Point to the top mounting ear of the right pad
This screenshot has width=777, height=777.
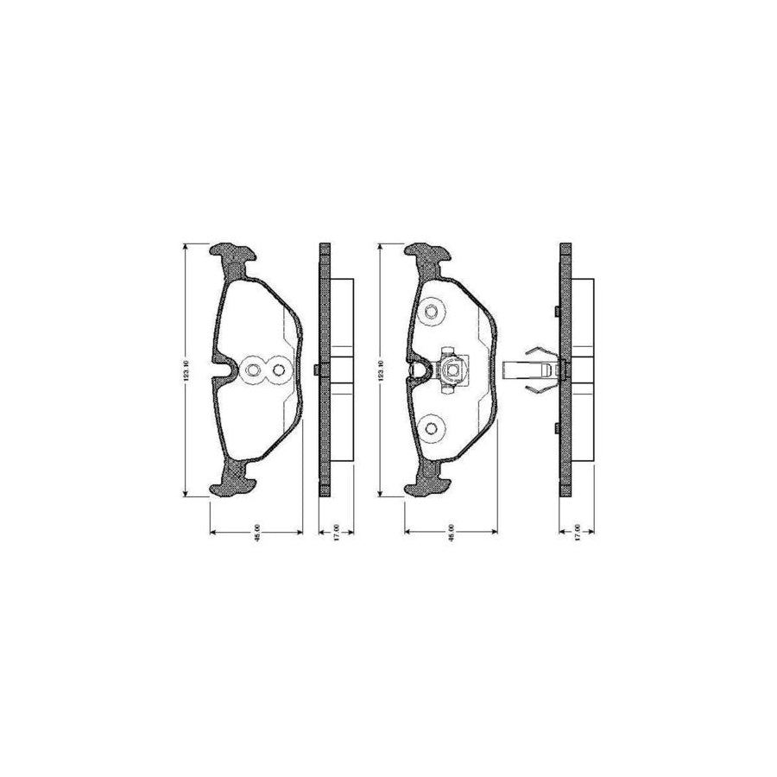click(427, 254)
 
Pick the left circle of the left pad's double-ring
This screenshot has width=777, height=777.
click(253, 371)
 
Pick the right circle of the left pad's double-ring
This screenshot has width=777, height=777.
click(277, 371)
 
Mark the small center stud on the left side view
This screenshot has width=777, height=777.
click(316, 371)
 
